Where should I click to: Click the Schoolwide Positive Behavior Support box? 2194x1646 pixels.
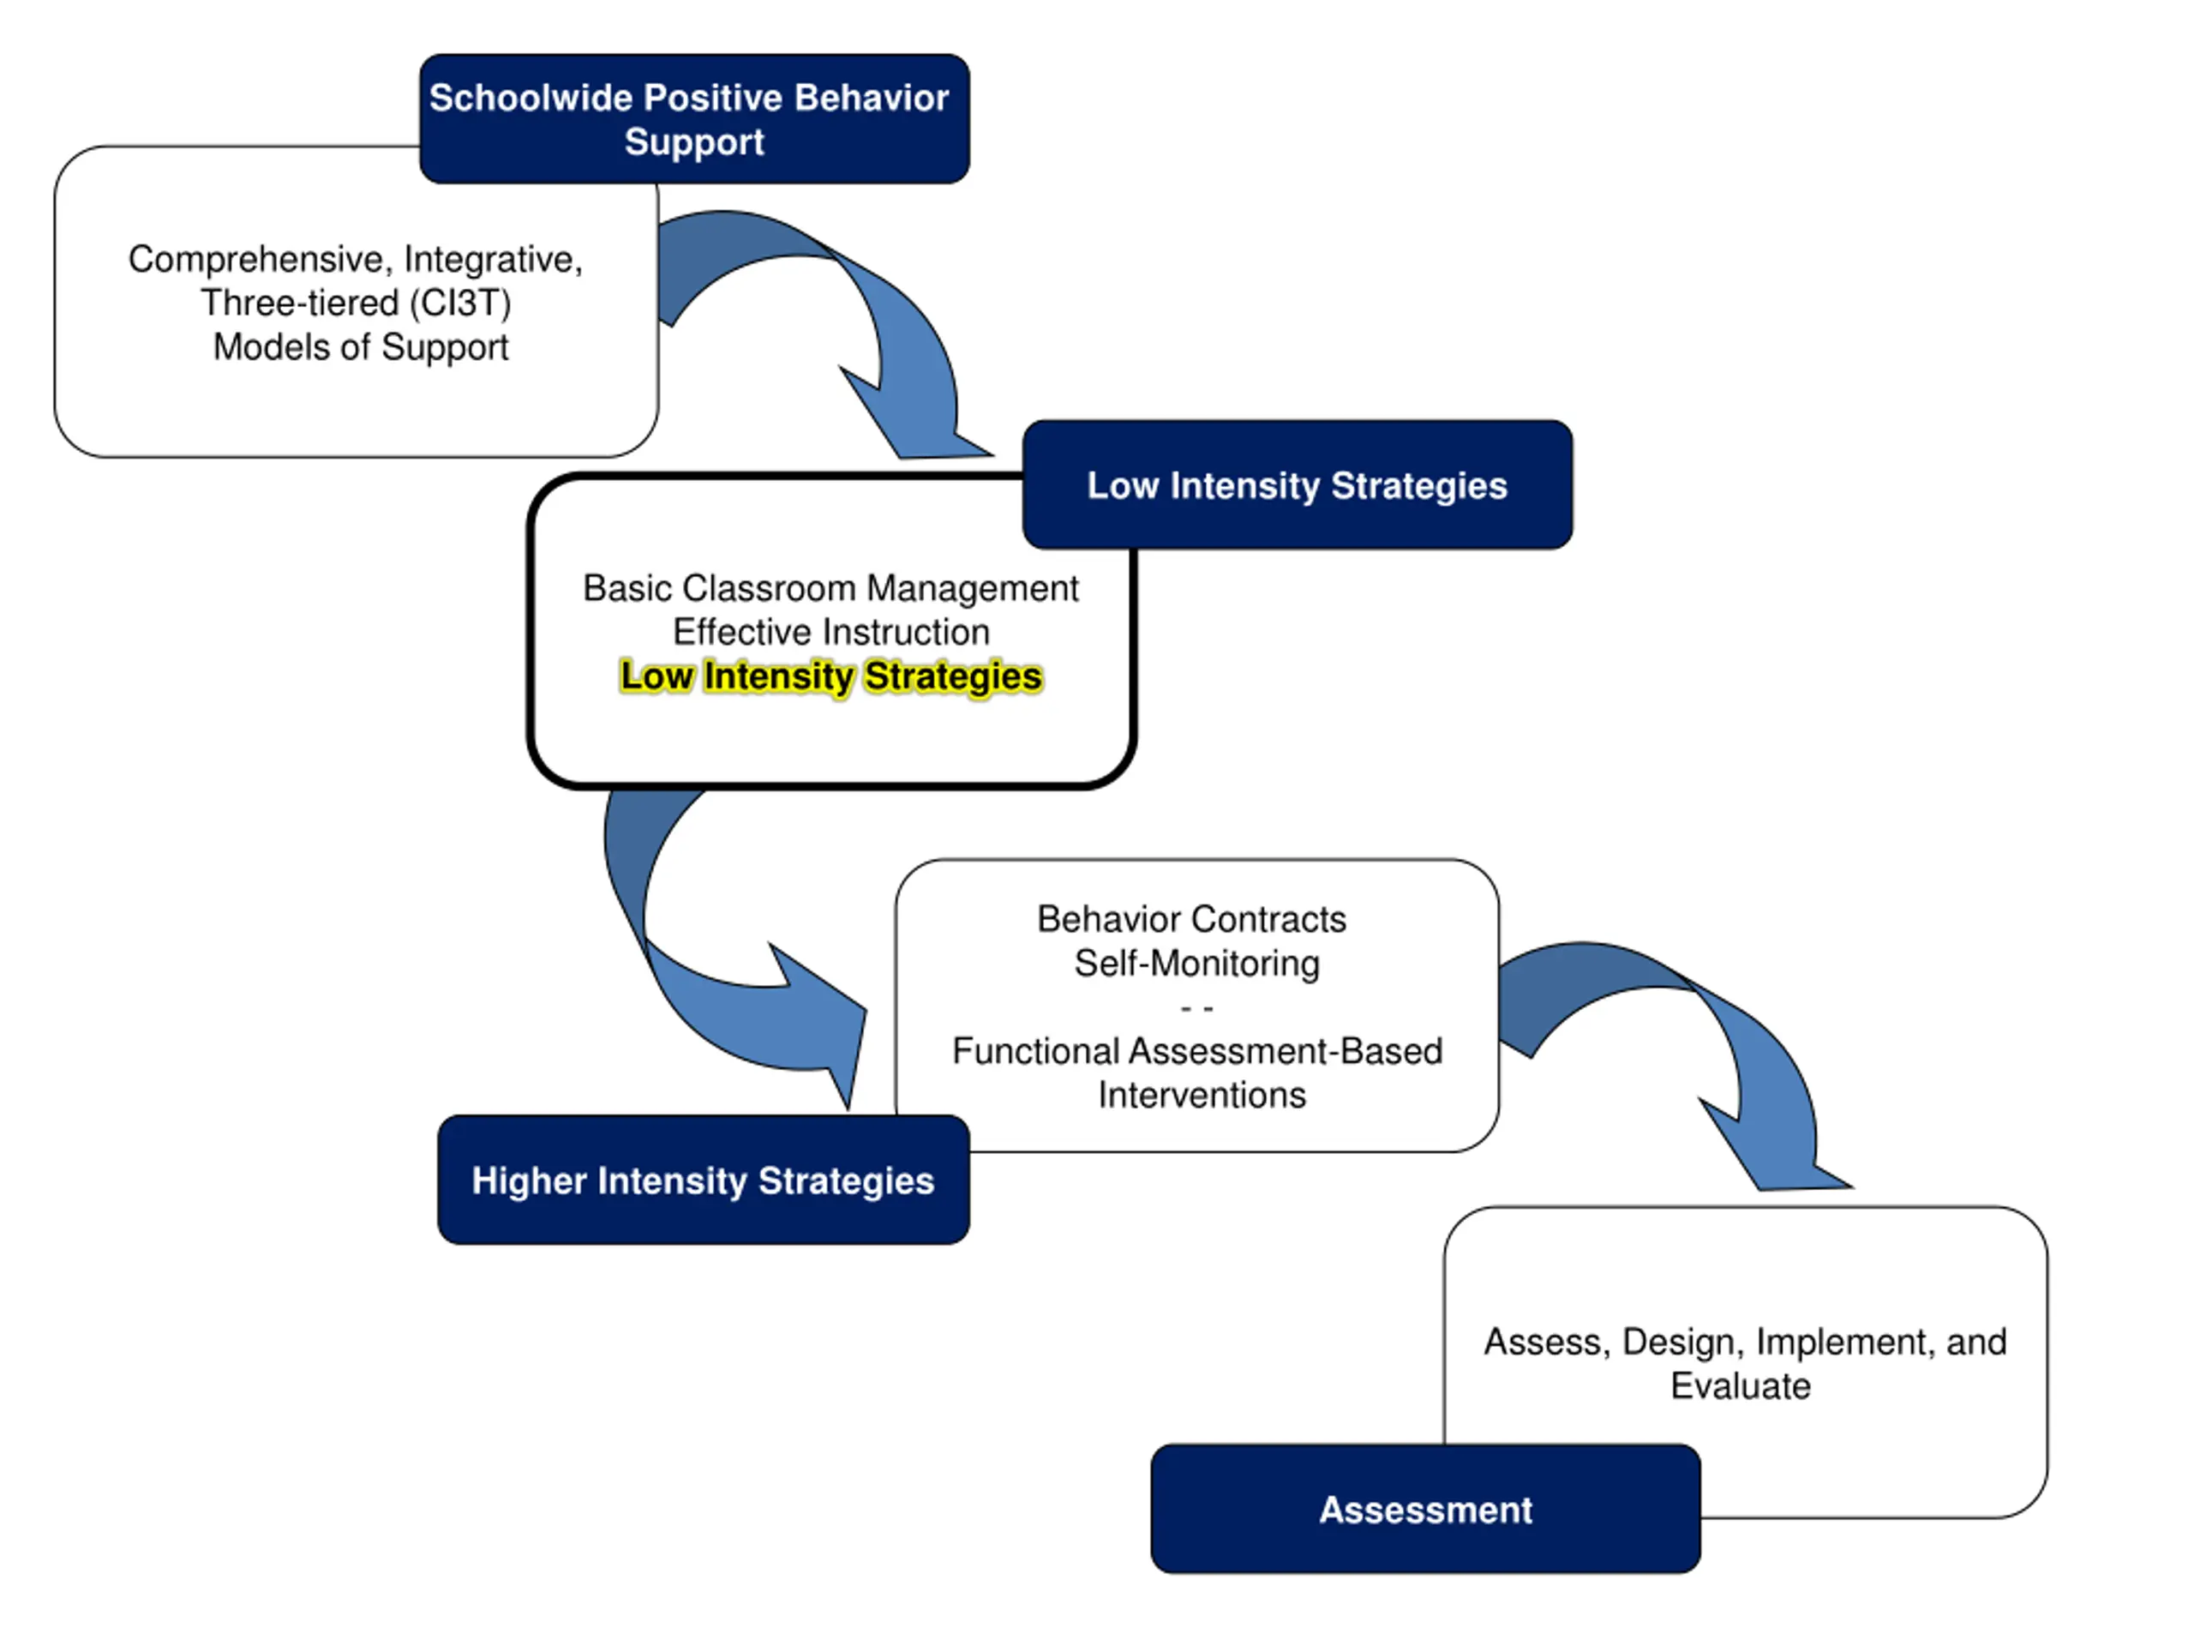click(x=694, y=119)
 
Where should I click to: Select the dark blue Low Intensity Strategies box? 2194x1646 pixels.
click(x=1298, y=484)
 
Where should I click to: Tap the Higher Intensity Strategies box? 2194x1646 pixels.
click(x=704, y=1180)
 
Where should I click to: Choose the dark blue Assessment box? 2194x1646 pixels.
click(x=1425, y=1509)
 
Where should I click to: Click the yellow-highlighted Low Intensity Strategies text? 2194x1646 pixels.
click(x=831, y=676)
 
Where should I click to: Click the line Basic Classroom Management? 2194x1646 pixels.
click(x=830, y=588)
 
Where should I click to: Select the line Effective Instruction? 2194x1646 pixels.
click(x=831, y=632)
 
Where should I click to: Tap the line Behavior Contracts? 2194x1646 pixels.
click(x=1191, y=920)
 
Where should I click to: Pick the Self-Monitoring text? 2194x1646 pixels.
click(x=1197, y=964)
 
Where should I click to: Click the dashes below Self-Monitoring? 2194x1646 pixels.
click(x=1197, y=1008)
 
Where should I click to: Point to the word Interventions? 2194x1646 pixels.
click(x=1202, y=1096)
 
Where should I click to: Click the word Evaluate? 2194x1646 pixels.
click(x=1741, y=1386)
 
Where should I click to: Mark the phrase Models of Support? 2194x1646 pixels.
click(x=361, y=347)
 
